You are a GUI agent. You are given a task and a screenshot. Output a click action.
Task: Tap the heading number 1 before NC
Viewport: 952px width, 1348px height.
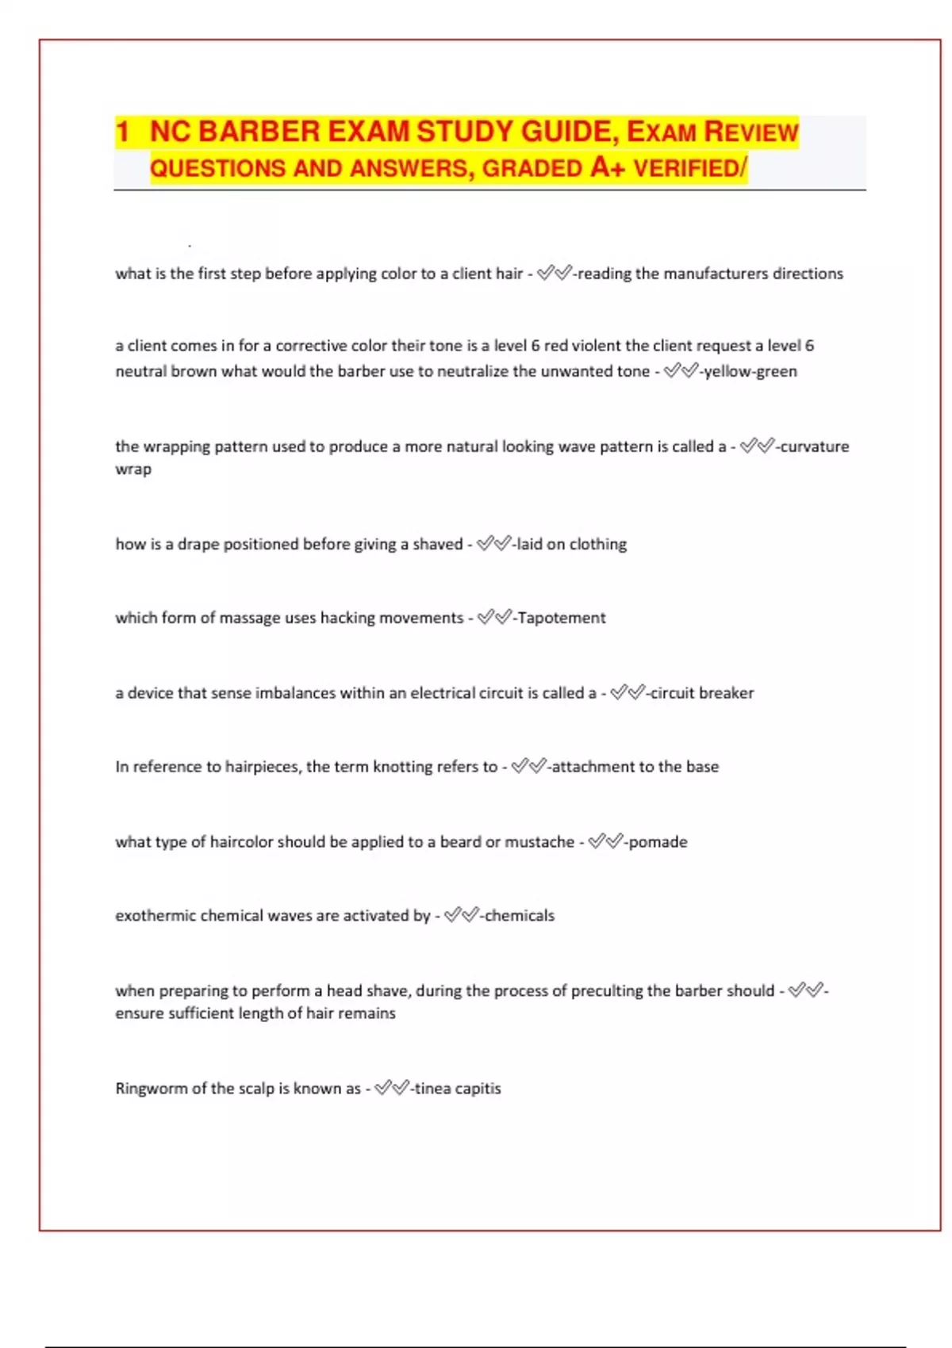pyautogui.click(x=122, y=132)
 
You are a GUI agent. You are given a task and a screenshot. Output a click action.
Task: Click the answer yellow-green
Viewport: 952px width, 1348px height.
pyautogui.click(x=750, y=371)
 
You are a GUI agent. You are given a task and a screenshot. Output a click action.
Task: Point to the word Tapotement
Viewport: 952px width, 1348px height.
pyautogui.click(x=561, y=618)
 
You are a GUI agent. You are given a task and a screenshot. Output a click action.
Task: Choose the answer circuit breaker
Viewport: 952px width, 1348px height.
pyautogui.click(x=702, y=693)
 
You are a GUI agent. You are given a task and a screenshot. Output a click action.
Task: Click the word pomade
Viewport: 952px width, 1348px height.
pyautogui.click(x=658, y=842)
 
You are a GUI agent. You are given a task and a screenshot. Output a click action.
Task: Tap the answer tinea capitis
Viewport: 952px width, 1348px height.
pyautogui.click(x=458, y=1089)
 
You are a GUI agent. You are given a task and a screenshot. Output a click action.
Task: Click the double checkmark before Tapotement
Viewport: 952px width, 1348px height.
pyautogui.click(x=494, y=618)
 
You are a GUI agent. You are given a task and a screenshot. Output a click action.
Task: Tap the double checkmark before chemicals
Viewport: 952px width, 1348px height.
pyautogui.click(x=461, y=916)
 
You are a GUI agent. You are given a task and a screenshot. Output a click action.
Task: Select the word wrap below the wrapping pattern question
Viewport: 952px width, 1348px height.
pyautogui.click(x=133, y=469)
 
